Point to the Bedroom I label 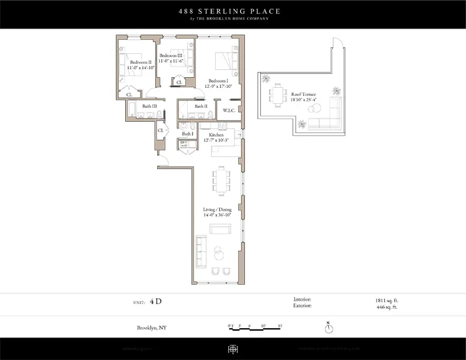click(x=218, y=82)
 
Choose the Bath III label click(x=149, y=106)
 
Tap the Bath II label click(x=201, y=106)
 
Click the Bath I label click(x=188, y=134)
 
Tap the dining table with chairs click(x=220, y=178)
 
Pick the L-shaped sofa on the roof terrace click(x=325, y=122)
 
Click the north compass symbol click(x=329, y=328)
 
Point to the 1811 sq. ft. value click(x=385, y=300)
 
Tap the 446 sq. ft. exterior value click(x=386, y=307)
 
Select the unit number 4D click(x=156, y=301)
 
